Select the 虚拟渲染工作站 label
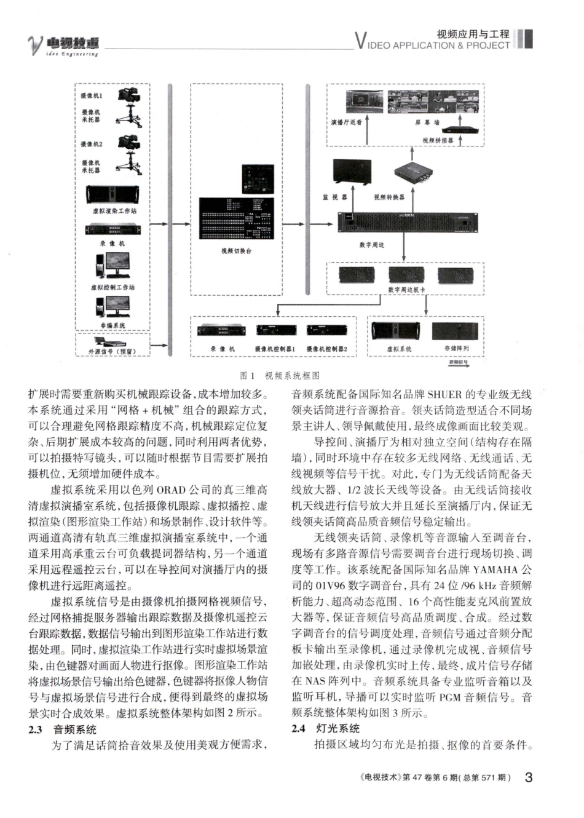coord(115,211)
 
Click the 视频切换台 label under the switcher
coord(237,251)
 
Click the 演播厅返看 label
coord(346,122)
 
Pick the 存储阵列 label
coord(457,348)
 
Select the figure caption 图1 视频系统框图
coord(280,375)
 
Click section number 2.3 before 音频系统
coord(36,729)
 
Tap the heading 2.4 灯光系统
coord(326,728)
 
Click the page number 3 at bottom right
coord(528,777)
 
